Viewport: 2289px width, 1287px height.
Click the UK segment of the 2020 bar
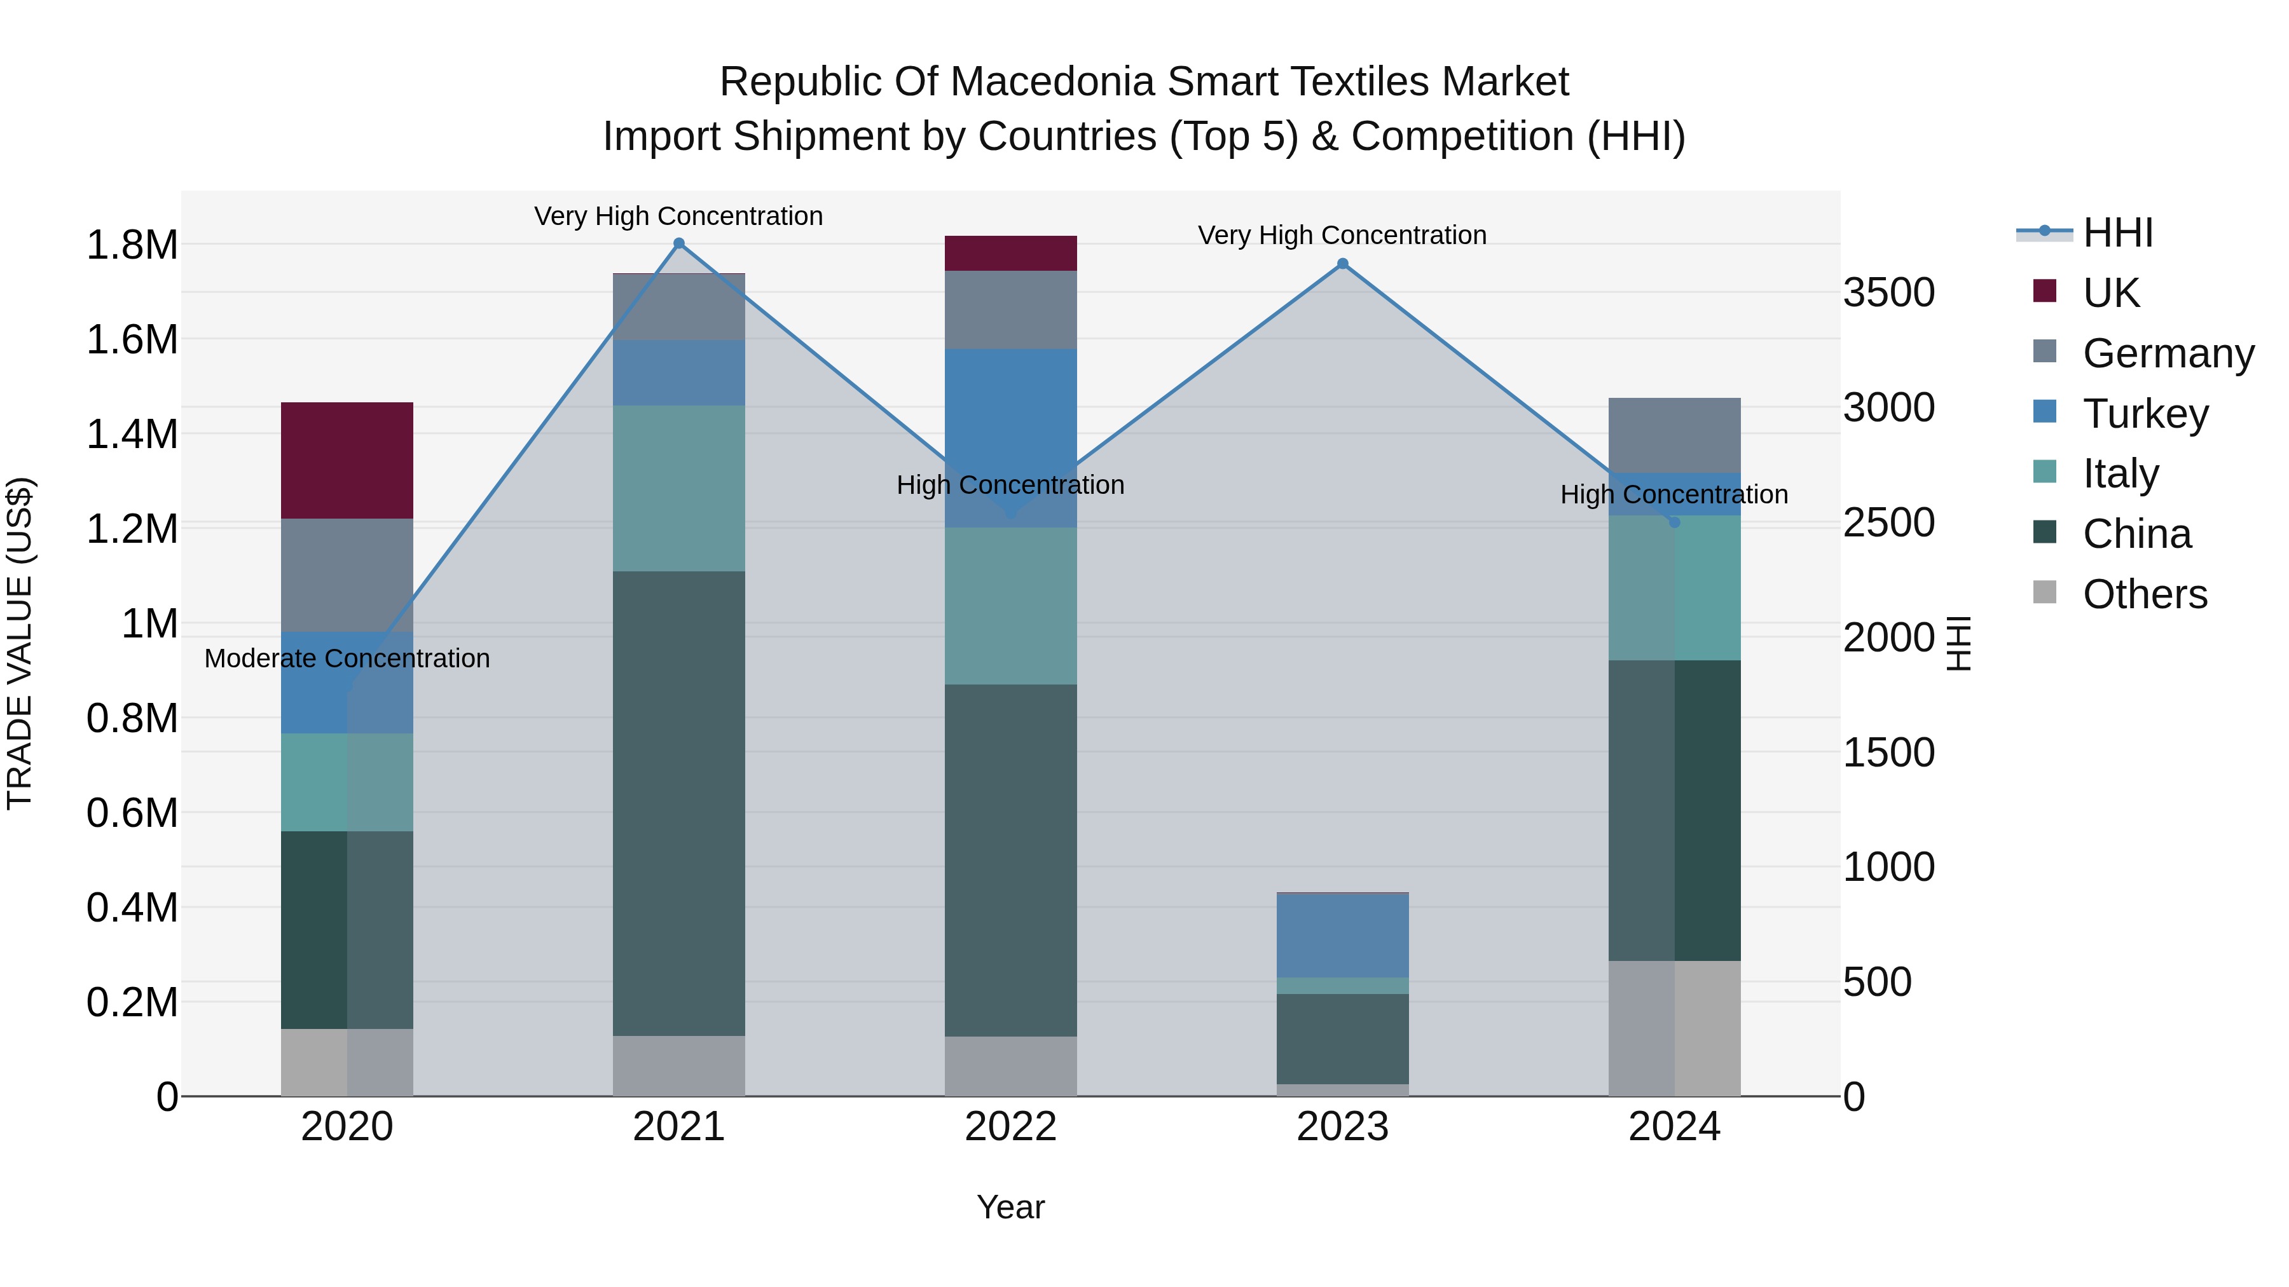[x=347, y=460]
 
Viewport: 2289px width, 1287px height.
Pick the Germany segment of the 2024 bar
[x=1674, y=435]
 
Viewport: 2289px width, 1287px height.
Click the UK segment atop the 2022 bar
[x=1010, y=253]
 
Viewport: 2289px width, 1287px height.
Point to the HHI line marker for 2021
[x=679, y=243]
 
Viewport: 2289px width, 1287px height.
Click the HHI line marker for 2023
[x=1343, y=264]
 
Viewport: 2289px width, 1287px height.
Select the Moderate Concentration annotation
[x=347, y=659]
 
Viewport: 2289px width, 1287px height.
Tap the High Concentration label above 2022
[x=1010, y=485]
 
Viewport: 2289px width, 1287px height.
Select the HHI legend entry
[x=2117, y=233]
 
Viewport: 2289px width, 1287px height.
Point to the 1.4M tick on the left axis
[x=132, y=434]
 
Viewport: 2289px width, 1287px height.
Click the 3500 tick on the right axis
[x=1888, y=292]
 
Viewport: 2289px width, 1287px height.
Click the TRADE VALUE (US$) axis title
[x=20, y=643]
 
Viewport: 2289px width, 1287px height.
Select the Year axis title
[x=1010, y=1207]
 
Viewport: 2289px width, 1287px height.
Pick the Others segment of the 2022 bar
[x=1010, y=1066]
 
